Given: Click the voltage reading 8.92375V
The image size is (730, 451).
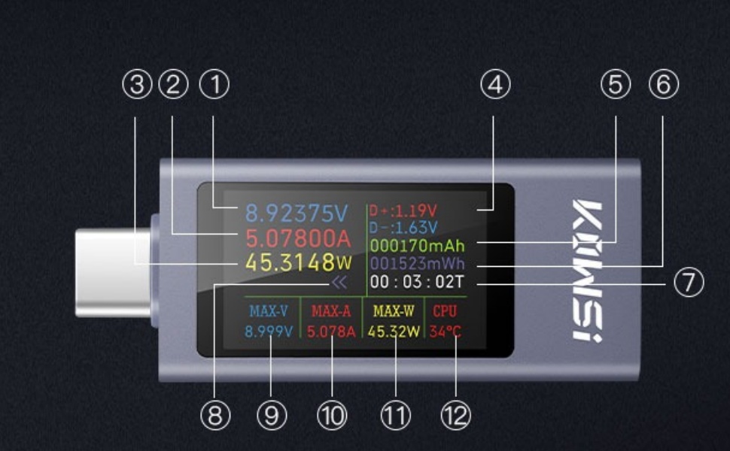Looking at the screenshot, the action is (x=297, y=213).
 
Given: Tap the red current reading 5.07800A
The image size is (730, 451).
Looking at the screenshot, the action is (x=298, y=238).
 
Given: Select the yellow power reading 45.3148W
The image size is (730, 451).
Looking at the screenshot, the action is (x=299, y=262).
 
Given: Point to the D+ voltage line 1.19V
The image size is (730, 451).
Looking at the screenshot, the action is (x=403, y=210).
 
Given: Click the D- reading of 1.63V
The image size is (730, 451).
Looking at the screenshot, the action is (x=403, y=227).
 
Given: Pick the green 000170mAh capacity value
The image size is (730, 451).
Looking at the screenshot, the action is (x=417, y=245).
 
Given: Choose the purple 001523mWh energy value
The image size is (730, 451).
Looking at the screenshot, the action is (x=417, y=264).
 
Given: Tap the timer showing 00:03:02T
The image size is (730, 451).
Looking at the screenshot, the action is (x=417, y=282).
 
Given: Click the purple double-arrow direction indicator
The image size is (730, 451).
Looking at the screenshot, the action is (x=339, y=282).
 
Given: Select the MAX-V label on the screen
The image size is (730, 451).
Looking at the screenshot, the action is (x=268, y=311).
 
